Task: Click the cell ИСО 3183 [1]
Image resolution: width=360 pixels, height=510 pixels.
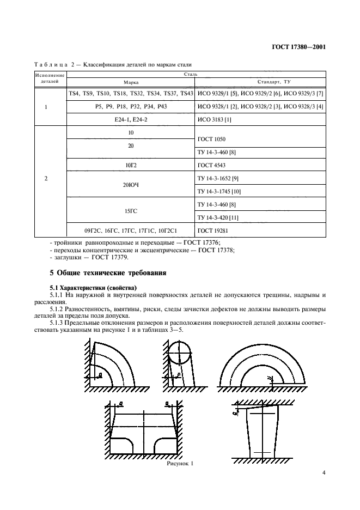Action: coord(214,118)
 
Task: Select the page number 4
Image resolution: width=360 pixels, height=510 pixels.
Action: coord(323,473)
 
